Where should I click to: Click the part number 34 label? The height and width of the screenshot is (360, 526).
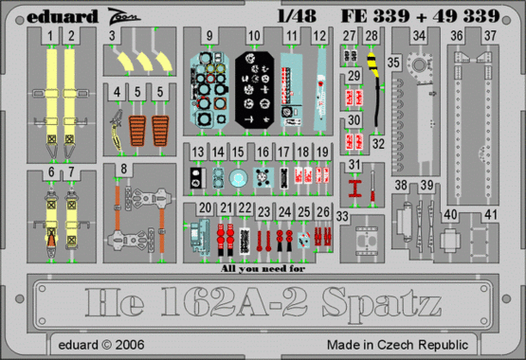click(x=419, y=36)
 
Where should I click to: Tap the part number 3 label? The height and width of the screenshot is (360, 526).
click(x=112, y=36)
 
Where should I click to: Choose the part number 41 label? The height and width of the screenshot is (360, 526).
click(x=491, y=215)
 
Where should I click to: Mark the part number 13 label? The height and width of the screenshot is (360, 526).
click(x=197, y=152)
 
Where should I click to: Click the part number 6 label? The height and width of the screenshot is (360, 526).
click(x=47, y=171)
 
